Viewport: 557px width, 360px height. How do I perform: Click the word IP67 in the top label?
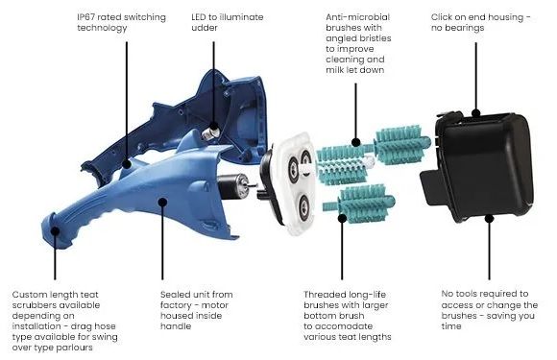86,17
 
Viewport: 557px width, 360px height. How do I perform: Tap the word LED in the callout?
199,17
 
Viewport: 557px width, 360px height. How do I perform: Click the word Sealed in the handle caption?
173,295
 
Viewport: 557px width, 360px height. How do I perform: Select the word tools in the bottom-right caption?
468,294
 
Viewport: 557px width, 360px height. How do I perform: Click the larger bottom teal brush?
359,204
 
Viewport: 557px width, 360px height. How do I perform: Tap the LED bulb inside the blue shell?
210,132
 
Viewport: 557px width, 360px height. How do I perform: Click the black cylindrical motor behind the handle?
232,185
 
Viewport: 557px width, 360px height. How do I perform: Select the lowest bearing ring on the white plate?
303,206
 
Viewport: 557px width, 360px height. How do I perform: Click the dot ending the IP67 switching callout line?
127,163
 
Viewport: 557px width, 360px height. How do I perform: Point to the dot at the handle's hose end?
55,231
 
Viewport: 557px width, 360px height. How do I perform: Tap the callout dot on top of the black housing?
475,113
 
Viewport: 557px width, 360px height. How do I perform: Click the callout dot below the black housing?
489,218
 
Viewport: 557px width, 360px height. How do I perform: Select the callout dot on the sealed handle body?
162,202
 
